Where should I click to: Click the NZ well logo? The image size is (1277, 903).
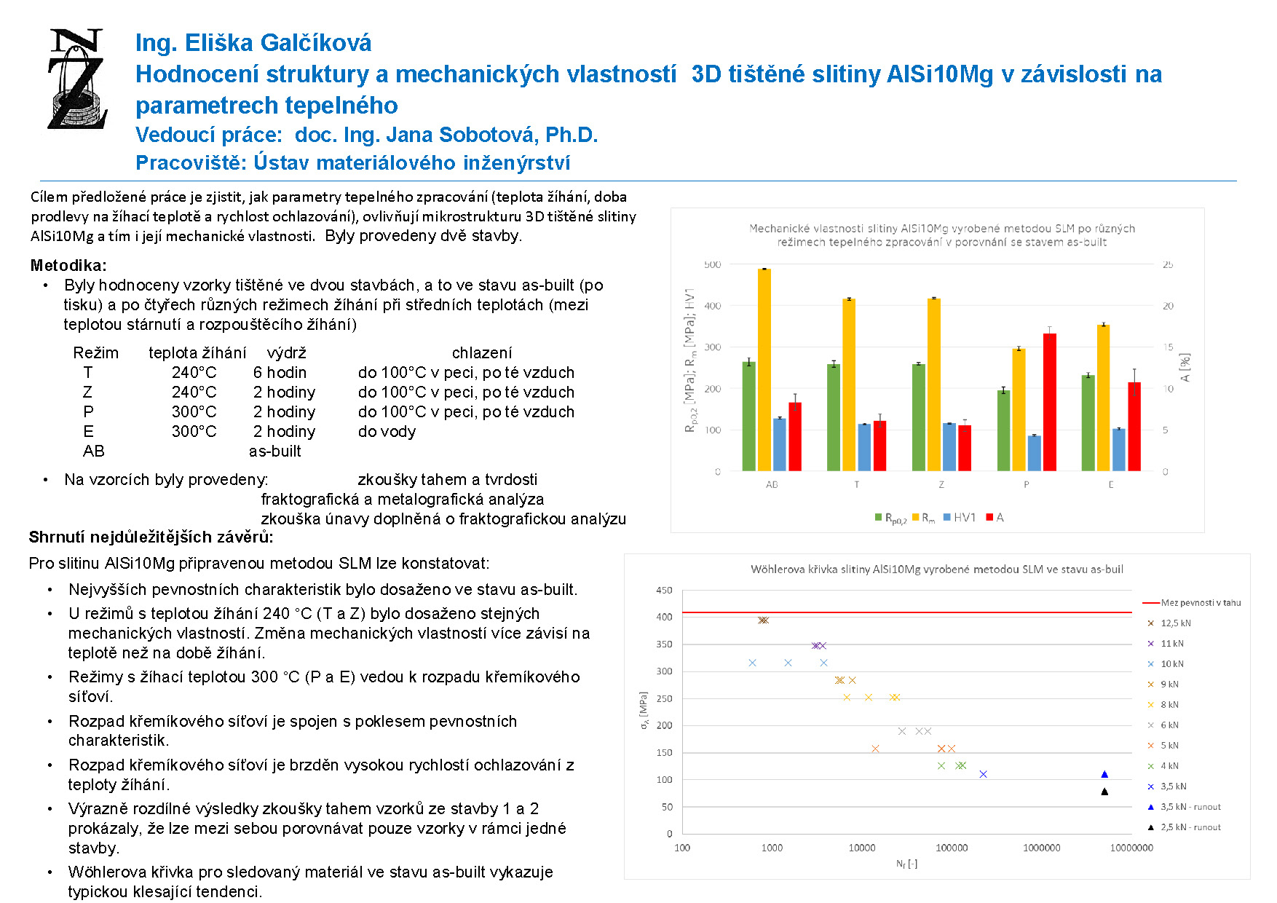(78, 79)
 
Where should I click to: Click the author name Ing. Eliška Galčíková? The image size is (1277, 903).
(253, 43)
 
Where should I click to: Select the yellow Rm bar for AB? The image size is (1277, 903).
(764, 370)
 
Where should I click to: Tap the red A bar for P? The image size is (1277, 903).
(1049, 402)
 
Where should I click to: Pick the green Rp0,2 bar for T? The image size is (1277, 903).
(834, 417)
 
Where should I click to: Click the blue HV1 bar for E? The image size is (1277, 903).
(1118, 450)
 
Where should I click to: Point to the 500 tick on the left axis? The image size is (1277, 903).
(712, 264)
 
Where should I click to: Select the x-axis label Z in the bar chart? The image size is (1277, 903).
(941, 484)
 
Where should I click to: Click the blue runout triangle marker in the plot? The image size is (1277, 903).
(1104, 774)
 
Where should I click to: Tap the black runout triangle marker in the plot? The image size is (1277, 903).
(1104, 792)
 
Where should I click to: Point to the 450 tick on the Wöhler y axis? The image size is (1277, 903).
(664, 590)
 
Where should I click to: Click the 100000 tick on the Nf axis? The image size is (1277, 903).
(952, 848)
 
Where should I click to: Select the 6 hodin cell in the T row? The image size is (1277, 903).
(280, 372)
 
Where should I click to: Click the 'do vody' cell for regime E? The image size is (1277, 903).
(387, 431)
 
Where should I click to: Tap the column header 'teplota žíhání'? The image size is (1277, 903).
(197, 352)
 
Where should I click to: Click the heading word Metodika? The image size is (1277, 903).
(68, 265)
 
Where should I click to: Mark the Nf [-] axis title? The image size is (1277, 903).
(906, 864)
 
